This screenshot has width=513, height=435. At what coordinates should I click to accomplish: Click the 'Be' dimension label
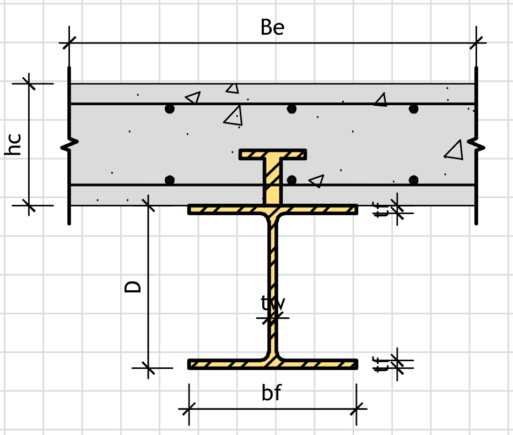(x=272, y=28)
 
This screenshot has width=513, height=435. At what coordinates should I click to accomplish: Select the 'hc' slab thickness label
(x=14, y=144)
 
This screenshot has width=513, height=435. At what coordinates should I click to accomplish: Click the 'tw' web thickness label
(x=272, y=303)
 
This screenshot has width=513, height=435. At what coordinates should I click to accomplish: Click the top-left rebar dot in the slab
(x=170, y=109)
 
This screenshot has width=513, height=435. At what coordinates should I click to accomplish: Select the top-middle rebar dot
(x=292, y=109)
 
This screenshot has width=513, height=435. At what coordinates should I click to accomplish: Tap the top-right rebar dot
(x=414, y=109)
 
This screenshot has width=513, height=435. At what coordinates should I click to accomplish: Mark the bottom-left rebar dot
(x=170, y=180)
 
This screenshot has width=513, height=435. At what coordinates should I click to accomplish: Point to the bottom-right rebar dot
(x=414, y=180)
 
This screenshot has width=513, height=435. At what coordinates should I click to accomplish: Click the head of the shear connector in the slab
(x=273, y=154)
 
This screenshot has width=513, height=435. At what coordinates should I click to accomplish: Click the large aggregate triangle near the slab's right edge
(x=455, y=150)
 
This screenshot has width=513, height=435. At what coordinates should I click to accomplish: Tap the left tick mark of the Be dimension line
(x=69, y=42)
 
